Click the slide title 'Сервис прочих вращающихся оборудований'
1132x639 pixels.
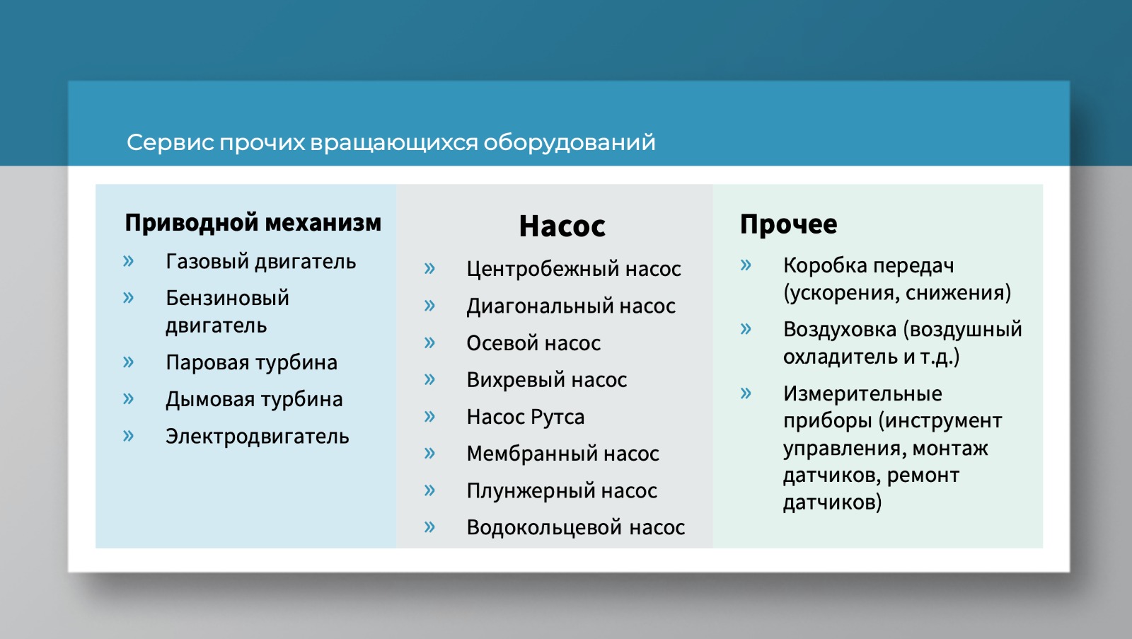click(391, 142)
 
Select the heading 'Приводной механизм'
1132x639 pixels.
click(253, 223)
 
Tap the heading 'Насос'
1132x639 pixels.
click(562, 226)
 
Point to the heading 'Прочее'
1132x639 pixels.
click(788, 224)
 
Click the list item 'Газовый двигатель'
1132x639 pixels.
click(261, 262)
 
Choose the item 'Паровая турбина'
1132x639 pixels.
click(251, 362)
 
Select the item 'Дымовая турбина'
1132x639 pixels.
click(254, 399)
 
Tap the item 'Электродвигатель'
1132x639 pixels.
click(258, 437)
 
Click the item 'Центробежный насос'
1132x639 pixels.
click(574, 269)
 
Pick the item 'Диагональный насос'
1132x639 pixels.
click(571, 306)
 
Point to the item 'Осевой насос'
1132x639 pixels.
click(533, 342)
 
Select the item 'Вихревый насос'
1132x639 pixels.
click(547, 380)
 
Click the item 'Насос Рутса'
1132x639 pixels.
click(526, 417)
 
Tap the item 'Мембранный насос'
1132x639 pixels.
click(563, 454)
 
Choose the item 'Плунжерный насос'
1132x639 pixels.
click(562, 490)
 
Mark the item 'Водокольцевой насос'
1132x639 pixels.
click(576, 527)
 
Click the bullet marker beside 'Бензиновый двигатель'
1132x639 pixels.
click(128, 298)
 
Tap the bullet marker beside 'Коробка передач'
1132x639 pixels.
click(746, 265)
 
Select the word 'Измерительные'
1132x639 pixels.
click(862, 393)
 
